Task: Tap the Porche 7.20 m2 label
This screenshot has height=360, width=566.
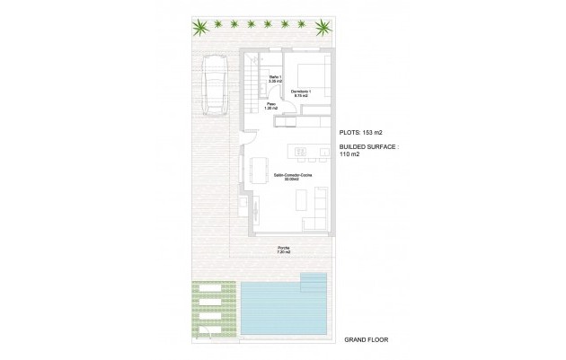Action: pyautogui.click(x=285, y=250)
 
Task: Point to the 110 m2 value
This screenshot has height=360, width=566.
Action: pyautogui.click(x=349, y=154)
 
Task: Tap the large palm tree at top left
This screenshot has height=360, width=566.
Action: pyautogui.click(x=197, y=27)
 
